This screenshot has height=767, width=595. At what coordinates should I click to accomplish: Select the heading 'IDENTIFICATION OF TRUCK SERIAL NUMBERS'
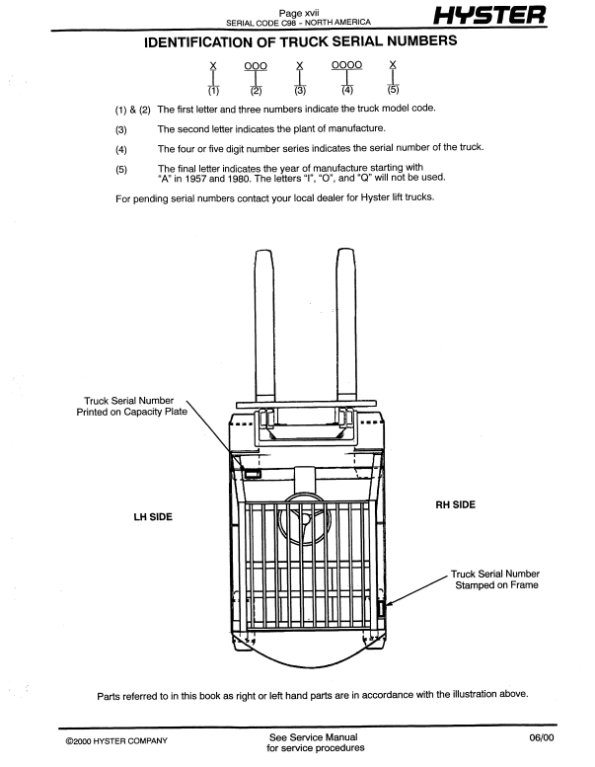[298, 43]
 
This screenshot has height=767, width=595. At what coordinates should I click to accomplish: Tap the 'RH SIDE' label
[455, 504]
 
